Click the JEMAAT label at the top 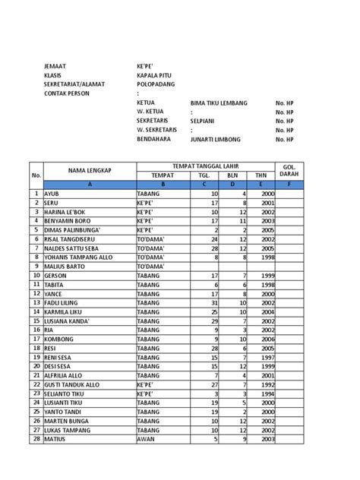point(56,67)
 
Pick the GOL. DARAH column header point(289,170)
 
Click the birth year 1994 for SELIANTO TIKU point(267,395)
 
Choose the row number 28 point(36,438)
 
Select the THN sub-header point(261,175)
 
